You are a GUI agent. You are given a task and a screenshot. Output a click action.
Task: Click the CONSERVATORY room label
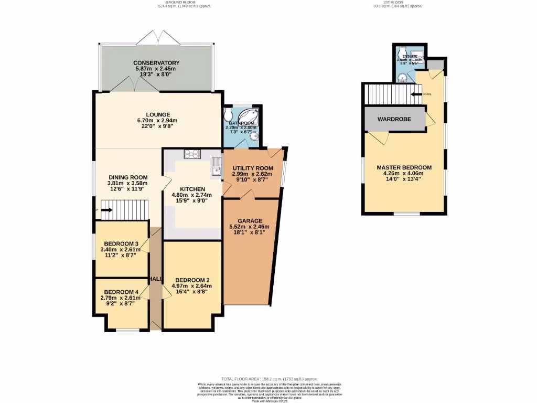(156, 63)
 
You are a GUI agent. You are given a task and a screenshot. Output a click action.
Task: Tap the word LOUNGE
(158, 114)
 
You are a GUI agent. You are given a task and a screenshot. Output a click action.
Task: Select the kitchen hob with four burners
(192, 154)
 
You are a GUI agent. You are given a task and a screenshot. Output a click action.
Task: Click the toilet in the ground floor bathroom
(228, 115)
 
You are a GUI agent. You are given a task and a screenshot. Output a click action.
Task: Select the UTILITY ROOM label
(253, 168)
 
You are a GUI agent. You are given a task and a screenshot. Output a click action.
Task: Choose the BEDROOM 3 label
(121, 243)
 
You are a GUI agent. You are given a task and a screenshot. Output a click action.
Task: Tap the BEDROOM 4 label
(121, 292)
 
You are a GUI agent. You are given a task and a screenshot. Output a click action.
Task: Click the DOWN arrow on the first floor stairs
(417, 94)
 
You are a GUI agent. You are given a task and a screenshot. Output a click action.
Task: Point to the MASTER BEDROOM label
(404, 168)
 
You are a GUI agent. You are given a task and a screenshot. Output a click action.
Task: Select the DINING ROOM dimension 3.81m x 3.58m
(128, 183)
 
